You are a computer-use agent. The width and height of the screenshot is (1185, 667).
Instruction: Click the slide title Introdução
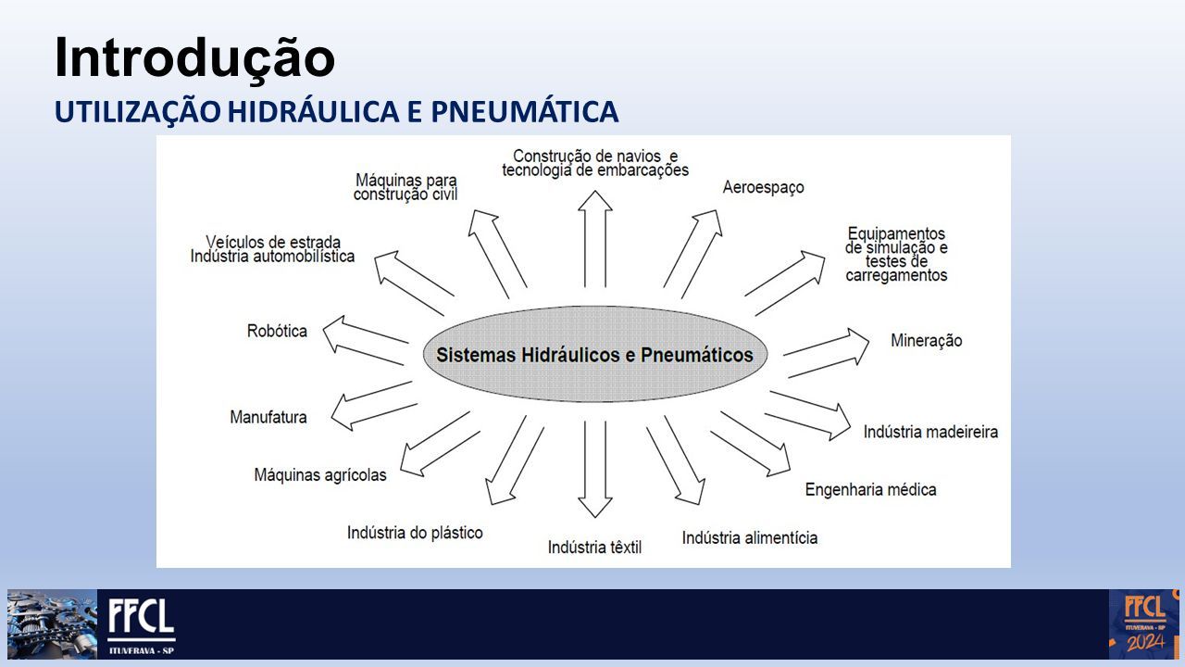[194, 58]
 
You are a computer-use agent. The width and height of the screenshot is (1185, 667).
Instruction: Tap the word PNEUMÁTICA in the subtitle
[525, 112]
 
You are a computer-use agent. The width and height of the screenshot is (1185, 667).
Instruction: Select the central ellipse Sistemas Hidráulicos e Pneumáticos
[595, 354]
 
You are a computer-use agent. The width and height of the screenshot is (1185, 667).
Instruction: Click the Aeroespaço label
[764, 187]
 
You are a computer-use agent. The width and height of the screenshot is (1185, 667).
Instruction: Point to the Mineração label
[927, 340]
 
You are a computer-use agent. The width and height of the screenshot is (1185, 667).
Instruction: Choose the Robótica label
[277, 331]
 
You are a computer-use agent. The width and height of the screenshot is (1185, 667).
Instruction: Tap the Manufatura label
[268, 417]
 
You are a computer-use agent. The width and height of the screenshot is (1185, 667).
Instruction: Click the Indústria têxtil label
[594, 547]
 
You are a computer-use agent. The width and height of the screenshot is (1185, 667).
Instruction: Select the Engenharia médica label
[871, 490]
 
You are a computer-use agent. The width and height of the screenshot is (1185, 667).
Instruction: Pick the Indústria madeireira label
[930, 432]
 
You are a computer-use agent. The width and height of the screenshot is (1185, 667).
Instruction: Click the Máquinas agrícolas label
[320, 475]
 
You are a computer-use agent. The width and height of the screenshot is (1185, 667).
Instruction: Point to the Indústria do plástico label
[415, 533]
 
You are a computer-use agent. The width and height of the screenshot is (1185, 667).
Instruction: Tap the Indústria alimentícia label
[750, 538]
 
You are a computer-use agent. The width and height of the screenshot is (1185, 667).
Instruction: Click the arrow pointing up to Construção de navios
[595, 239]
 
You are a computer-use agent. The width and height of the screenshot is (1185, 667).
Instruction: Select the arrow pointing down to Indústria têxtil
[595, 469]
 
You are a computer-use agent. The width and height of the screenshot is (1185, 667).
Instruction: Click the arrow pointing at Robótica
[365, 340]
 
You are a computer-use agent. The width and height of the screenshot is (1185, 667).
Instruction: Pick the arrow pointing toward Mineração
[826, 353]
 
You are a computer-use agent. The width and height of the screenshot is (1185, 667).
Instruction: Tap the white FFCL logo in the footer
[142, 626]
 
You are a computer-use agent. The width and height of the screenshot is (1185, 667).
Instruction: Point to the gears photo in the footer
[53, 624]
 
